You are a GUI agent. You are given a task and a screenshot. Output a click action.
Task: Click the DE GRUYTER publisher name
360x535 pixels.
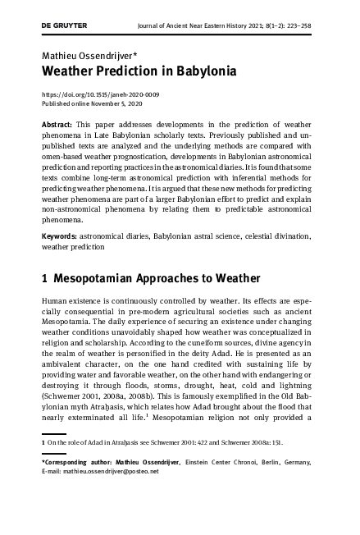64,25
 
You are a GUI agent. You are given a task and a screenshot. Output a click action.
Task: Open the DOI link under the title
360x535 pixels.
100,94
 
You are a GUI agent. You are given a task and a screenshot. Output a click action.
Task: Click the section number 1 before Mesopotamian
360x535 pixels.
45,279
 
